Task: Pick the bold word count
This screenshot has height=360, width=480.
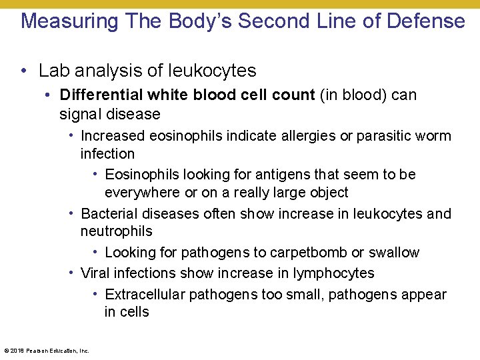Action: (x=293, y=95)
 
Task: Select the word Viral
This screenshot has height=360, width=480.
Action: (x=95, y=273)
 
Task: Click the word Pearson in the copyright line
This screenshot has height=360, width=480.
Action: (x=35, y=351)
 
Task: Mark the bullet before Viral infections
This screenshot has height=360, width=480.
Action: (x=71, y=273)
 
